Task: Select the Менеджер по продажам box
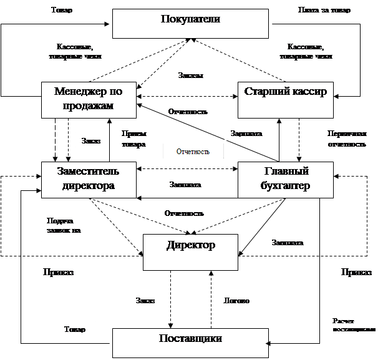point(88,99)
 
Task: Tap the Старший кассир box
point(284,99)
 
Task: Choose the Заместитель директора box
point(88,178)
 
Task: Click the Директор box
point(190,252)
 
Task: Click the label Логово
point(236,301)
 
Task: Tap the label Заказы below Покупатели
point(190,74)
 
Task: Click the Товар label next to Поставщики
point(75,328)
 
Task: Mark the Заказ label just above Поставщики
point(146,300)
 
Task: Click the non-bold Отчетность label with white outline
point(193,152)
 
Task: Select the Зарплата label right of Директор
point(287,241)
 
